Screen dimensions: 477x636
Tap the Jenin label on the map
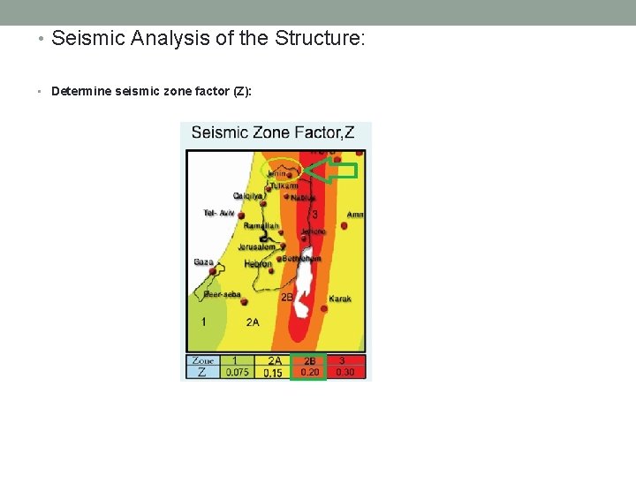point(276,174)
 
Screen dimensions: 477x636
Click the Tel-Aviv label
point(218,213)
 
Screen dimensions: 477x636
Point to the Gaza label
point(203,261)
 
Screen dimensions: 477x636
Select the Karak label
point(340,299)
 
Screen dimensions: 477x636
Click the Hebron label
point(258,263)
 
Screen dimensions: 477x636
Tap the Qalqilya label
point(248,195)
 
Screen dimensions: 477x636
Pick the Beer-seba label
point(223,294)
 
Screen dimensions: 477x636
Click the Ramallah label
point(261,226)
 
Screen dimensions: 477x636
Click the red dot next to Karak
point(324,309)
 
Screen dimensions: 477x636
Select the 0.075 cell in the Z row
point(236,373)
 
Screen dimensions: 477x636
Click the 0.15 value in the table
point(273,373)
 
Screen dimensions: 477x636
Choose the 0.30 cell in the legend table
point(345,373)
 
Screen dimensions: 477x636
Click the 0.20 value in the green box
point(310,373)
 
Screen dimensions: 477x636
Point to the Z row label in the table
point(202,373)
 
